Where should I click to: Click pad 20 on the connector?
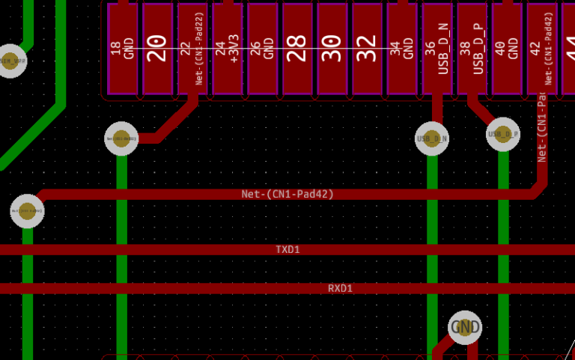tap(157, 49)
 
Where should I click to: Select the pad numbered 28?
tap(297, 49)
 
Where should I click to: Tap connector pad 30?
tap(332, 49)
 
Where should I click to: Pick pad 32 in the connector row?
tap(367, 49)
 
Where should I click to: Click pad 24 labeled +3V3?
tap(227, 49)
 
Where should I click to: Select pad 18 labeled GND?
tap(122, 49)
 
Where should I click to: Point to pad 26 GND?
tap(262, 49)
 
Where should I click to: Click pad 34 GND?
tap(402, 49)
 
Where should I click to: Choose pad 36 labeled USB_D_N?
tap(437, 49)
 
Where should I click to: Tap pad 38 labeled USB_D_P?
tap(472, 49)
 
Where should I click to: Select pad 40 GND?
tap(507, 49)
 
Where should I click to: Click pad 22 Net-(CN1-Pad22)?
tap(192, 49)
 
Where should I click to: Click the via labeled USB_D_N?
tap(432, 138)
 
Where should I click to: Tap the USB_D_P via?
tap(503, 135)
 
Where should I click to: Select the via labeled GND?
tap(465, 327)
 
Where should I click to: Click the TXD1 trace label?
tap(287, 249)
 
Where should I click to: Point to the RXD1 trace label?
tap(340, 288)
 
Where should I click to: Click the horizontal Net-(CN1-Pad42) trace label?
tap(287, 194)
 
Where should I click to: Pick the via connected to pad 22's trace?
tap(121, 138)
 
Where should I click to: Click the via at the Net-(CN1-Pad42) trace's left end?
tap(28, 211)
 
